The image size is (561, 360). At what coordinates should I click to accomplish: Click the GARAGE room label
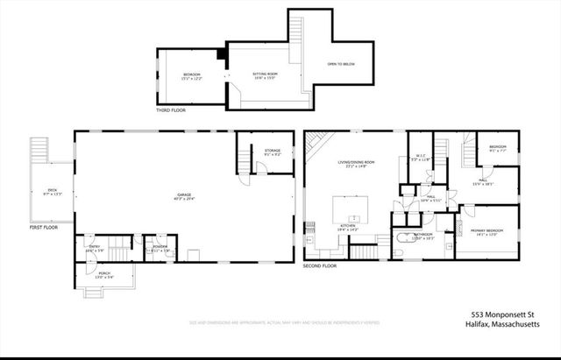[x=184, y=195]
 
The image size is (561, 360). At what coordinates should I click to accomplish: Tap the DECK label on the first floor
[x=53, y=193]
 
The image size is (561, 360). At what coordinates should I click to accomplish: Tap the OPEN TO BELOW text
[x=341, y=64]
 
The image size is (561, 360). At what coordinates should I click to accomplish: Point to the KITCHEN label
[x=348, y=227]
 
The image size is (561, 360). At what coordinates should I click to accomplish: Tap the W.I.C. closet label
[x=421, y=158]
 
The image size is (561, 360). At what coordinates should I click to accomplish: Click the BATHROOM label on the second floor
[x=424, y=236]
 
